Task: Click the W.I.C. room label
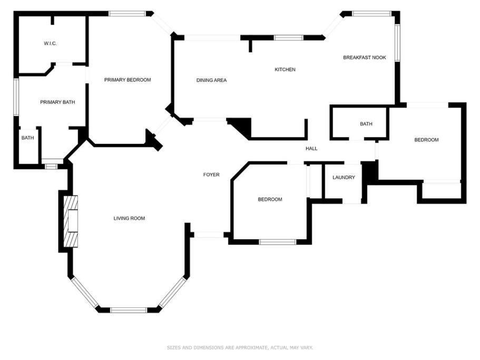pos(50,43)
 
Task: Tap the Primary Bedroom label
pos(128,80)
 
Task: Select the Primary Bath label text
pos(57,102)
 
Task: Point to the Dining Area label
pos(211,80)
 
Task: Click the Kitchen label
pos(285,70)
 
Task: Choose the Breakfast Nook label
pos(365,57)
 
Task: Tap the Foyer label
pos(211,175)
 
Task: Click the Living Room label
pos(129,218)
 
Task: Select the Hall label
pos(311,149)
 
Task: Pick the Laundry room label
pos(344,177)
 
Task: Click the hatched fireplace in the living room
pos(71,221)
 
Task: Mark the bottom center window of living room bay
pos(129,310)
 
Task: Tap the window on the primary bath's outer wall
pos(16,97)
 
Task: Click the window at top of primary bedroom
pos(127,14)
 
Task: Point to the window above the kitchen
pos(288,37)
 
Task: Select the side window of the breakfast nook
pos(397,43)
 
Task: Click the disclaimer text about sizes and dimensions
pos(240,347)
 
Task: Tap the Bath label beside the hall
pos(366,124)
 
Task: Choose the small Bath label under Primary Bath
pos(27,138)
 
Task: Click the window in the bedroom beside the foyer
pos(277,242)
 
